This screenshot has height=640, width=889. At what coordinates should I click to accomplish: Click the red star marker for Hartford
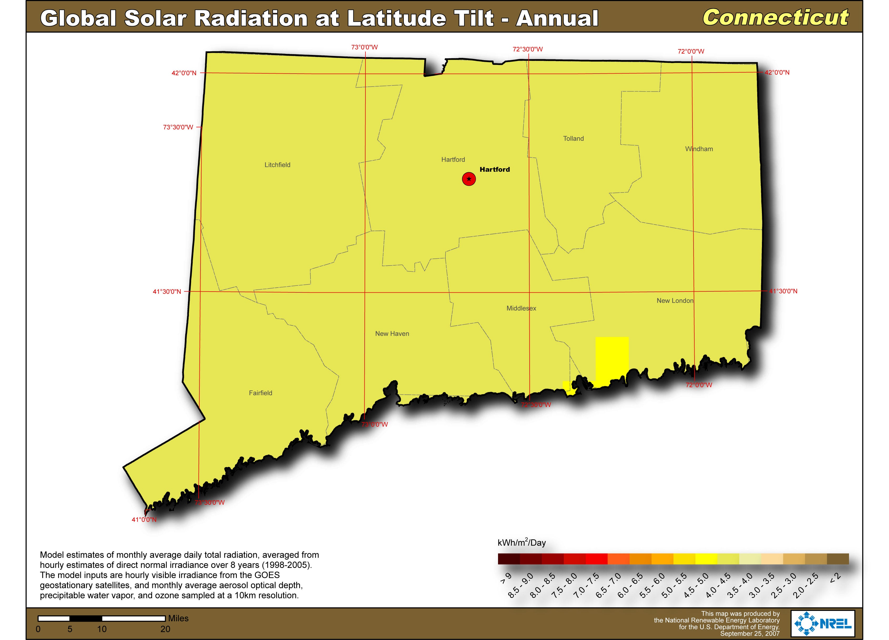pyautogui.click(x=469, y=179)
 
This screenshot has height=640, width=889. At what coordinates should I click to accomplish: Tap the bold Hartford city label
pyautogui.click(x=495, y=169)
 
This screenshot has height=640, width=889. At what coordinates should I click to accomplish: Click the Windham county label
pyautogui.click(x=699, y=149)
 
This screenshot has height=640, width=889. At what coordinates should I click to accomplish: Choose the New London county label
pyautogui.click(x=675, y=301)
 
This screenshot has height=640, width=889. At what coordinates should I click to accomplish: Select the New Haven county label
pyautogui.click(x=392, y=334)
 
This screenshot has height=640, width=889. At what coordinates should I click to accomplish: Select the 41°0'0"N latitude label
pyautogui.click(x=144, y=520)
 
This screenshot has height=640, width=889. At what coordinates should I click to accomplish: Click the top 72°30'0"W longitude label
pyautogui.click(x=528, y=49)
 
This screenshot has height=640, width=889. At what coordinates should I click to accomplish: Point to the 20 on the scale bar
pyautogui.click(x=165, y=629)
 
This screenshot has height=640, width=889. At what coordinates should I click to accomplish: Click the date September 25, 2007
pyautogui.click(x=750, y=634)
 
